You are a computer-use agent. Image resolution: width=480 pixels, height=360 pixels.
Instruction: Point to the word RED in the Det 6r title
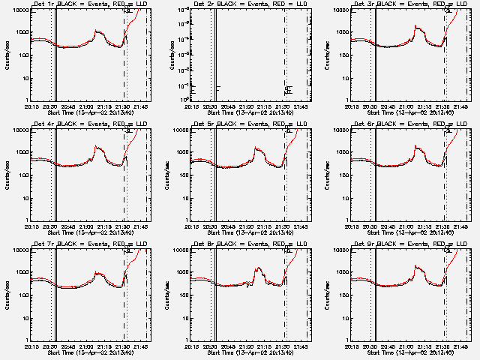(x=434, y=124)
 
